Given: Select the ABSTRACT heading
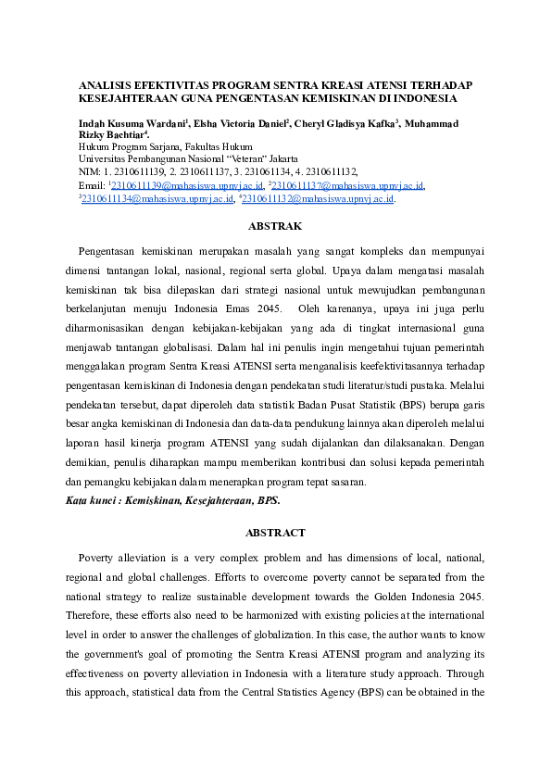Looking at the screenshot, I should (276, 533).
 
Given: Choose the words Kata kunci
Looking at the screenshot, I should (92, 501).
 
